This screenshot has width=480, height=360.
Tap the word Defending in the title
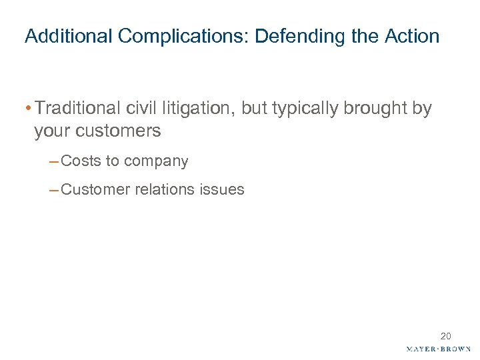[x=287, y=36]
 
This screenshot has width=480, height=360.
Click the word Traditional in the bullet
[x=81, y=108]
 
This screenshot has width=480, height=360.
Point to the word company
[x=156, y=161]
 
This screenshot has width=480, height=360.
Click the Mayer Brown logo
[x=438, y=349]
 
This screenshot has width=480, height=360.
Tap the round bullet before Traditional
[x=28, y=109]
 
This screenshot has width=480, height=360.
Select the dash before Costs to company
[x=53, y=161]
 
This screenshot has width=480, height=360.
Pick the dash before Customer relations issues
[x=53, y=190]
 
